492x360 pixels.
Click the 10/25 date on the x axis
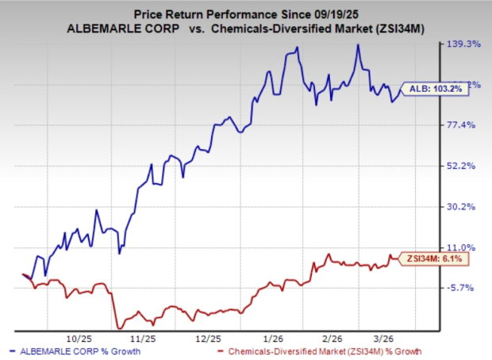pyautogui.click(x=82, y=337)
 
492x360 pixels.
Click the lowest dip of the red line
pyautogui.click(x=119, y=327)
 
